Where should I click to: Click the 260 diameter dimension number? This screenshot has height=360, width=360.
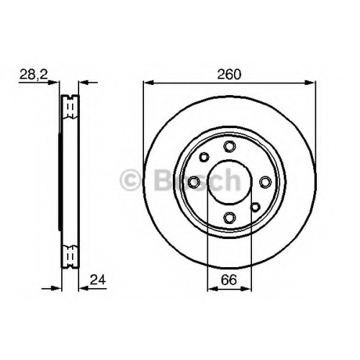[x=229, y=74]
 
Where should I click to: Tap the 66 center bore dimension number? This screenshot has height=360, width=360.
[x=229, y=279]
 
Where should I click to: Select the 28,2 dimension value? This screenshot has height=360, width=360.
[x=34, y=74]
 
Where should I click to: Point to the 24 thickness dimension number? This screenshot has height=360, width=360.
[x=98, y=279]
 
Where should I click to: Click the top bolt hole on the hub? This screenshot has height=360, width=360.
[x=230, y=146]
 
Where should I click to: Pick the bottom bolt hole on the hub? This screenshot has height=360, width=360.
[x=230, y=217]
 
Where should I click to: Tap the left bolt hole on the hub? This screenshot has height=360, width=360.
[x=194, y=182]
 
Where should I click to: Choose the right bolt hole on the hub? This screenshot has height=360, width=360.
[x=265, y=182]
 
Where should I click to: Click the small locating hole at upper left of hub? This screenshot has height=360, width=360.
[x=204, y=157]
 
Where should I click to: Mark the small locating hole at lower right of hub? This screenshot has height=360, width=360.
[x=255, y=207]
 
